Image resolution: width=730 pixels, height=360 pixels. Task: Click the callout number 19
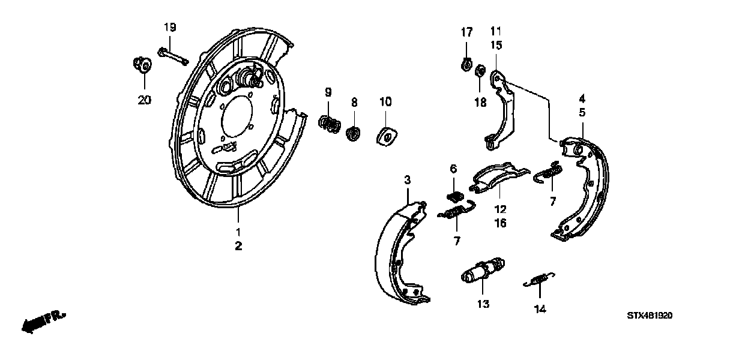click(x=170, y=26)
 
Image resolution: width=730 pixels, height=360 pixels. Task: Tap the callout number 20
click(x=144, y=100)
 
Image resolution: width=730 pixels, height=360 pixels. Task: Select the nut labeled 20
click(x=142, y=64)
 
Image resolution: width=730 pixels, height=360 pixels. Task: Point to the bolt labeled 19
click(x=172, y=56)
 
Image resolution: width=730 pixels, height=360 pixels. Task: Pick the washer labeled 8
click(x=354, y=132)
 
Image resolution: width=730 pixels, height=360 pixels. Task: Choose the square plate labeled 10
click(x=385, y=136)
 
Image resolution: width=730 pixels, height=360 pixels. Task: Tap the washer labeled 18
click(x=480, y=73)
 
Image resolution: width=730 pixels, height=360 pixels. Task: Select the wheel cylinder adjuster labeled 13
click(x=482, y=272)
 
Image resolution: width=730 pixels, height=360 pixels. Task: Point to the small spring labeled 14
click(x=539, y=280)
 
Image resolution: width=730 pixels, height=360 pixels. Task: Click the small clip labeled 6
click(x=456, y=196)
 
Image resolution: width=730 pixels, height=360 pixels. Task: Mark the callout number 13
click(x=483, y=304)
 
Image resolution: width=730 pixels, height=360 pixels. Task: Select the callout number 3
click(x=407, y=179)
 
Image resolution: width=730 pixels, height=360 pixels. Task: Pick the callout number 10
click(x=385, y=101)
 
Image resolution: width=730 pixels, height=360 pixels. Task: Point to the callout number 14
click(x=539, y=309)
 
